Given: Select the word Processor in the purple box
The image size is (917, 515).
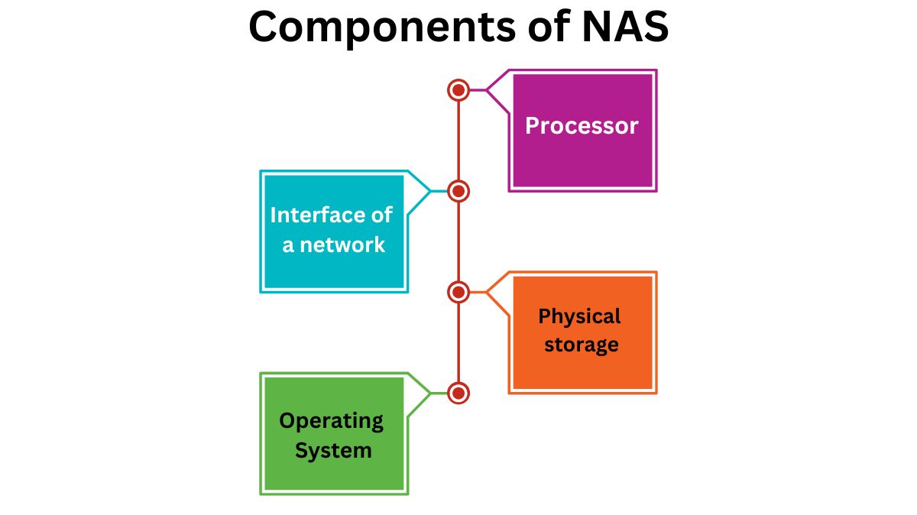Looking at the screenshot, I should (x=582, y=126).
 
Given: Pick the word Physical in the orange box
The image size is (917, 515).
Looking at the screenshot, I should (x=579, y=316).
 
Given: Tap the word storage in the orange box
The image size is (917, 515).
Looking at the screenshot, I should (x=581, y=345).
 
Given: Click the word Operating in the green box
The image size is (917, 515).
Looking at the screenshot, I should (x=331, y=420).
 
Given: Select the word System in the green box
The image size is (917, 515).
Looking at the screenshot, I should (x=333, y=450).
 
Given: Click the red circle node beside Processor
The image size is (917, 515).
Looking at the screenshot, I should (x=458, y=90).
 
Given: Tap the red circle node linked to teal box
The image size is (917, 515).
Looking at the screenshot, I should (x=458, y=191).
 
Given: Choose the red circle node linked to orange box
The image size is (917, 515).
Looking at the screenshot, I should (x=458, y=292).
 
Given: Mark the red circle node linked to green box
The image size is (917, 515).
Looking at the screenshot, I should (x=458, y=393).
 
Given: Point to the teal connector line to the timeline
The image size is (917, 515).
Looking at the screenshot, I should (x=439, y=191).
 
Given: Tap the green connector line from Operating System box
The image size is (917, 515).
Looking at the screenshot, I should (x=439, y=393).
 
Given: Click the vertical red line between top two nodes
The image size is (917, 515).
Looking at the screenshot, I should (x=458, y=141).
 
